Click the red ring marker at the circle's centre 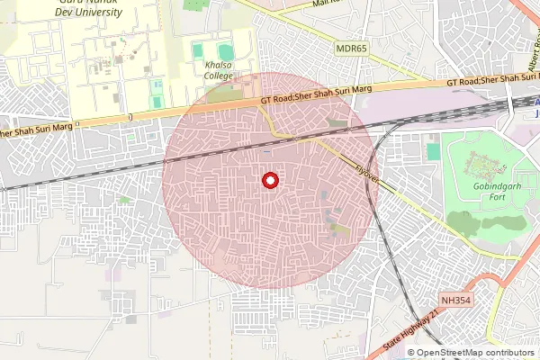[268, 181]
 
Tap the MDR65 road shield [352, 48]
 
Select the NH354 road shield [456, 301]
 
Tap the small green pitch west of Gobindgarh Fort [434, 151]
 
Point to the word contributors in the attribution [506, 353]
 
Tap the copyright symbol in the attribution [412, 353]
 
